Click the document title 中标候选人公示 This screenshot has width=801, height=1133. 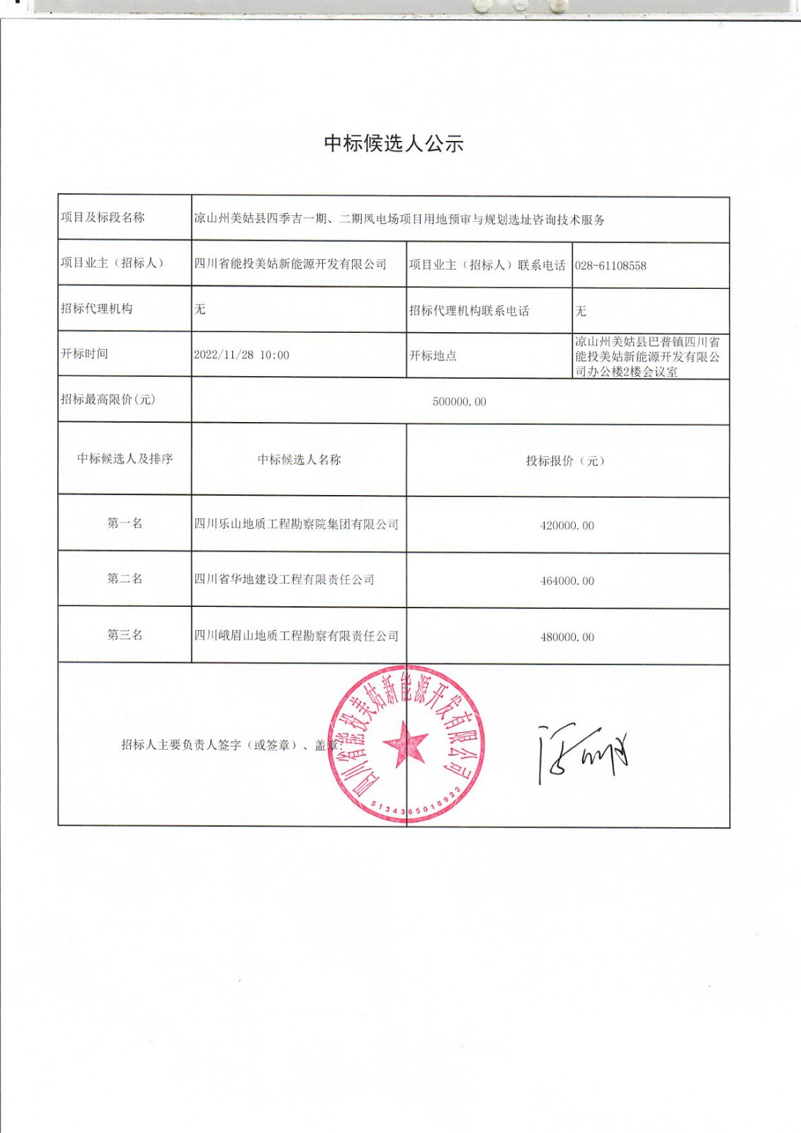pos(394,144)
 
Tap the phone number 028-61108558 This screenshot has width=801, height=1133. pos(610,266)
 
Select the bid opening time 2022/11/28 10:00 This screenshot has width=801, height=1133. pos(242,355)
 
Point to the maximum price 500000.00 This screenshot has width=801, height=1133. pos(459,402)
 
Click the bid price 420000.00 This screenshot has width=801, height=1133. pos(567,526)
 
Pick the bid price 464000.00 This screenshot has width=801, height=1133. pos(567,581)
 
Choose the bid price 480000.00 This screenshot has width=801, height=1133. pos(567,637)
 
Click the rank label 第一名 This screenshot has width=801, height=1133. pos(125,523)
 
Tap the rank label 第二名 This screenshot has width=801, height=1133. pos(125,579)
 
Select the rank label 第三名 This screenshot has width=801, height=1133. pos(125,634)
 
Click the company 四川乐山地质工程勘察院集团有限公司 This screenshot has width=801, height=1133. pos(296,525)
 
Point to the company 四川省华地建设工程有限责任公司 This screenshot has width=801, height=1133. pos(284,580)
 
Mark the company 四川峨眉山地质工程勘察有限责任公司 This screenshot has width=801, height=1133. pos(296,636)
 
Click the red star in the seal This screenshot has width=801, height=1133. pos(406,744)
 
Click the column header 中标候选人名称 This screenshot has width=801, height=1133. pos(299,460)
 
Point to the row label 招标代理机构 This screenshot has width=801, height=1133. pos(96,309)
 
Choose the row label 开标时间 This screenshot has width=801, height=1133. pos(84,354)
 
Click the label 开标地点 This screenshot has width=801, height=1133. pos(433,356)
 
